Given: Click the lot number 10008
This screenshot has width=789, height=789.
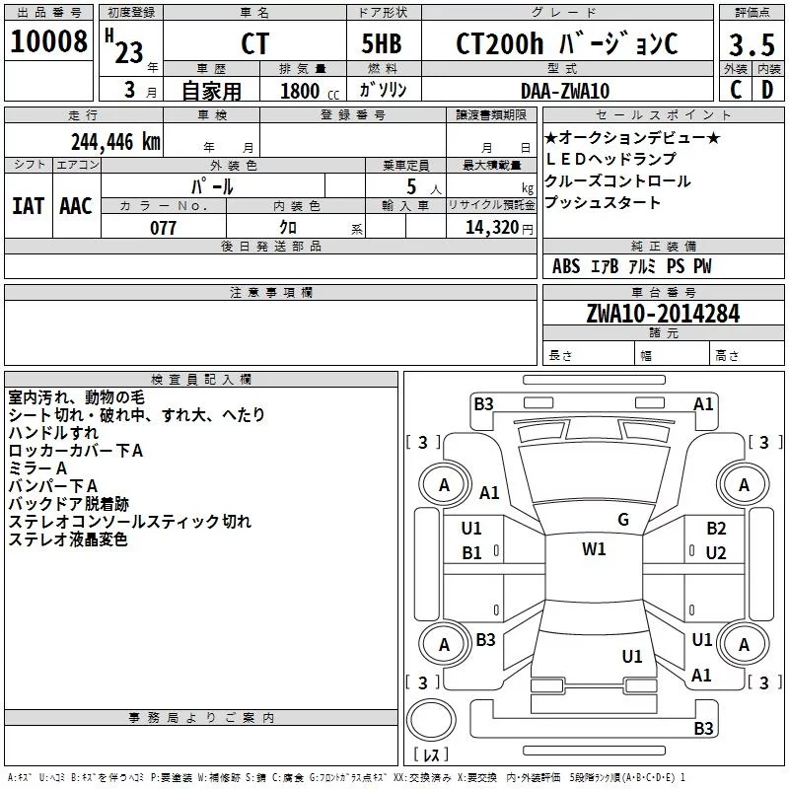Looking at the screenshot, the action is tap(48, 40).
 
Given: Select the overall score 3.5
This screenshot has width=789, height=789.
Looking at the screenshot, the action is tap(752, 44).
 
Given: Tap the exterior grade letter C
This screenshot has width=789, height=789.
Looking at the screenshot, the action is tap(736, 90).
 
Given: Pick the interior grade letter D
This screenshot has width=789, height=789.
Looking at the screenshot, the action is tap(767, 90).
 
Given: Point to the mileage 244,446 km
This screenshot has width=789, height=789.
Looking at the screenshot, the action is tap(115, 142).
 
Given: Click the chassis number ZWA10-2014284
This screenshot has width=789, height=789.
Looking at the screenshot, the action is tap(663, 314).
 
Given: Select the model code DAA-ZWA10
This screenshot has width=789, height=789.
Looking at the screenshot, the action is tap(565, 91).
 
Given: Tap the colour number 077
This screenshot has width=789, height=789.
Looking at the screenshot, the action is tap(163, 228).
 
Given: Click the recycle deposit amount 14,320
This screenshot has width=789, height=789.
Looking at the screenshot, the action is tap(491, 228).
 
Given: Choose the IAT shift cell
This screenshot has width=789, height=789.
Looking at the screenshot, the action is tap(29, 206).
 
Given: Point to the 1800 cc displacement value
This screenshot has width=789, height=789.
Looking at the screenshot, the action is tap(310, 91).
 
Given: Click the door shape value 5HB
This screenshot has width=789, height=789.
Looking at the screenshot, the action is tap(382, 43).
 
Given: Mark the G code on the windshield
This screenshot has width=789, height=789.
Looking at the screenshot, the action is tap(623, 520).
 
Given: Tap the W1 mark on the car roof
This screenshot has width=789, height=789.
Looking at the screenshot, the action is tap(594, 548).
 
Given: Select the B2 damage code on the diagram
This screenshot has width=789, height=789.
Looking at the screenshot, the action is tap(716, 529).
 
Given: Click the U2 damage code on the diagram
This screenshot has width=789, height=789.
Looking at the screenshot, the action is tap(716, 553).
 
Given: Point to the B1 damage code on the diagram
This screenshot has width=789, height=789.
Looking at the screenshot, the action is tap(471, 553).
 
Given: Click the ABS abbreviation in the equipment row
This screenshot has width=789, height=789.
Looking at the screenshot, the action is tap(566, 266).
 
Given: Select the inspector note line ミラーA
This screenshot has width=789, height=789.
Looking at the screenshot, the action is tap(37, 468).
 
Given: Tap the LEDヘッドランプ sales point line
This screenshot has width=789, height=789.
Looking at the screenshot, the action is tap(610, 159).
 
